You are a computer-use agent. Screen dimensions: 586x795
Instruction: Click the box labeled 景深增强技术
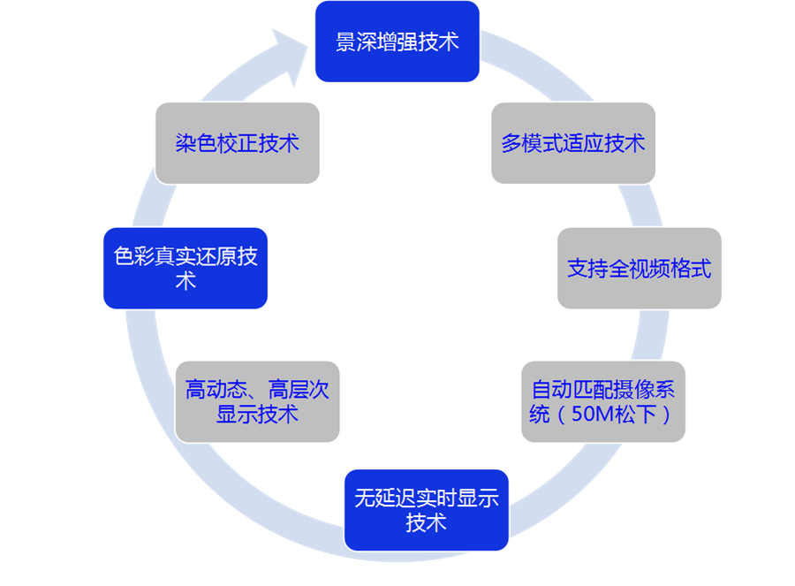click(x=397, y=42)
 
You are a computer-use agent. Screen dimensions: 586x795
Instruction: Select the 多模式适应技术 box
click(x=573, y=143)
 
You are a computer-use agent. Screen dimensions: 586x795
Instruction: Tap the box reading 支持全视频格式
click(x=640, y=269)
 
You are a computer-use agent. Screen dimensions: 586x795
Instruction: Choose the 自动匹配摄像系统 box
click(x=602, y=401)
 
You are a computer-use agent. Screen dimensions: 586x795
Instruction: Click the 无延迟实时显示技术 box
click(x=426, y=510)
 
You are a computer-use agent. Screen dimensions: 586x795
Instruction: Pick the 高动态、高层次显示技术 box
click(x=257, y=401)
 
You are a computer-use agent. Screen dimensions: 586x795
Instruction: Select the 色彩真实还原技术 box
click(x=185, y=268)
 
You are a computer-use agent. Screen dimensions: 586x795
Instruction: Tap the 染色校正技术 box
click(x=237, y=143)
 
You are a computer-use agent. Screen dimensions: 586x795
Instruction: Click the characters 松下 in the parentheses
click(x=634, y=414)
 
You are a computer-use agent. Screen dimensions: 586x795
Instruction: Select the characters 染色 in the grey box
click(x=195, y=143)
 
